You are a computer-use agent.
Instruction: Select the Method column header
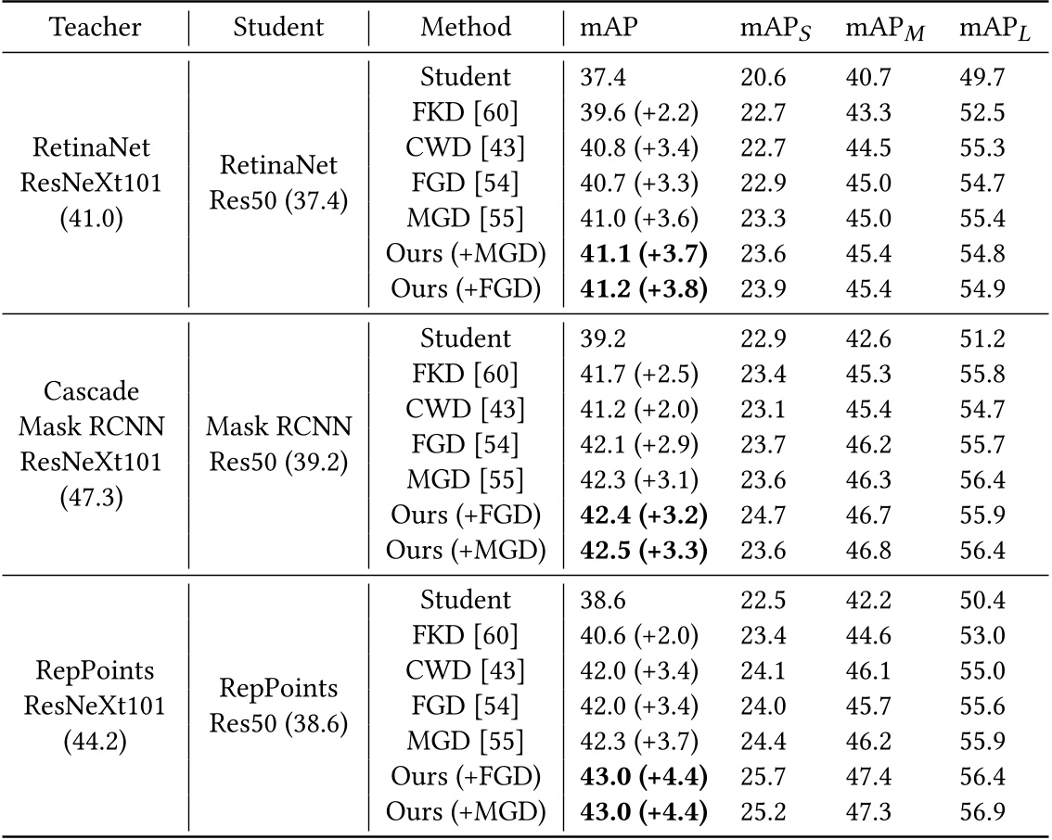click(466, 27)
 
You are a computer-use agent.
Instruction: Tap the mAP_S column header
click(774, 29)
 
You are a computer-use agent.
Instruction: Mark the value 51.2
click(982, 339)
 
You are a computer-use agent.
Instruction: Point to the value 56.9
click(982, 812)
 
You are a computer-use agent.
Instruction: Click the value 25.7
click(763, 776)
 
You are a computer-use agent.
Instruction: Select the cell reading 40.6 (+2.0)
click(638, 635)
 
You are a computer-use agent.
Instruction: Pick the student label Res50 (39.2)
click(278, 461)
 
